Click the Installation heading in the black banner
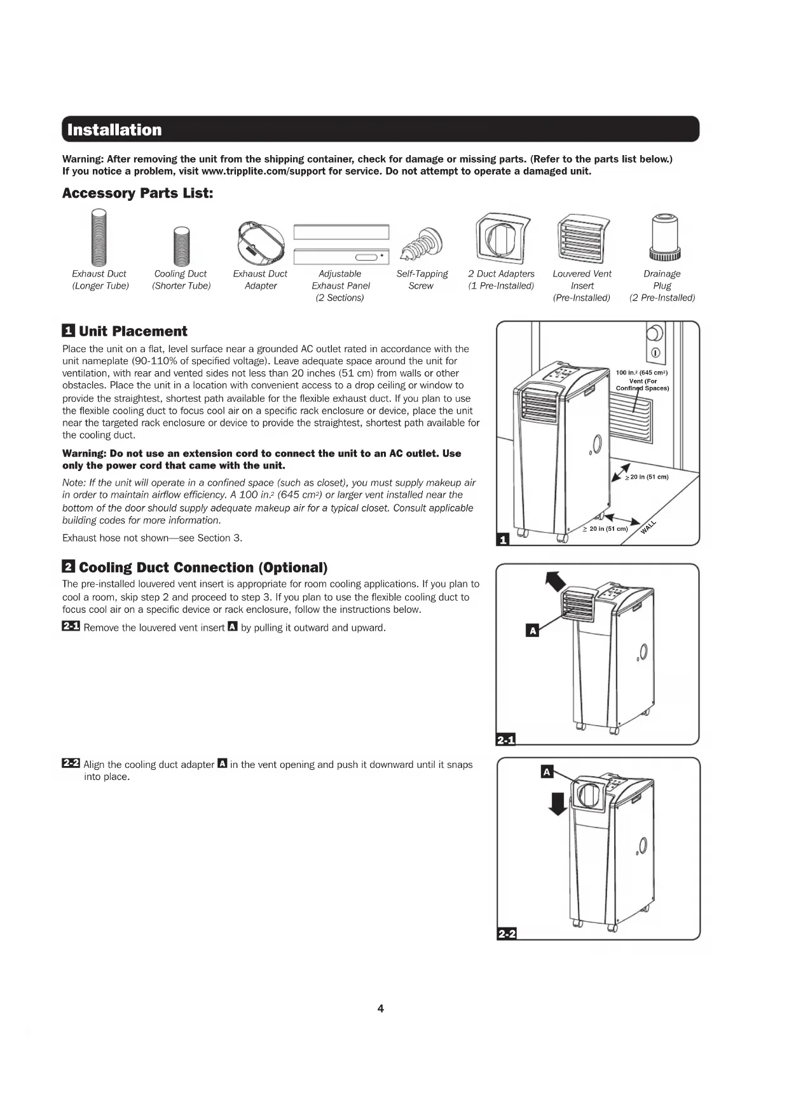(114, 130)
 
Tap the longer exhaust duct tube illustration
(99, 238)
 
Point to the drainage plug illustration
(665, 237)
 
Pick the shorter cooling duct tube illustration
(182, 247)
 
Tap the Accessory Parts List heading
(137, 193)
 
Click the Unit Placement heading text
(133, 331)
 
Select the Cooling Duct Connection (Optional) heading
(203, 568)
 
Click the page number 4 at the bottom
(380, 1008)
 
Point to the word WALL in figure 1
(648, 527)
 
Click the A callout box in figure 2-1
(533, 631)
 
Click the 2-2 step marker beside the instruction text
(71, 763)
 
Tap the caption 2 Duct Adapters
(501, 274)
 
